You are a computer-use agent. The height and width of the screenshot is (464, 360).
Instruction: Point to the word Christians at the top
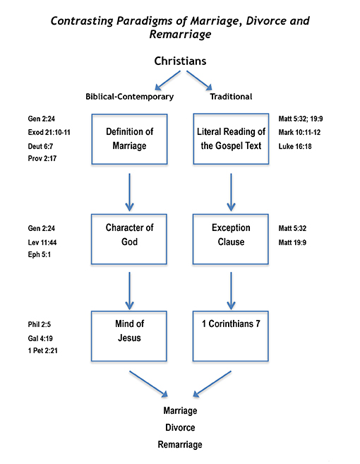coord(180,61)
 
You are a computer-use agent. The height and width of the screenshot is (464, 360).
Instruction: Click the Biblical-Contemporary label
coord(130,97)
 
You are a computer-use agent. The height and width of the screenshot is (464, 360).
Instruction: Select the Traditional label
coord(231,97)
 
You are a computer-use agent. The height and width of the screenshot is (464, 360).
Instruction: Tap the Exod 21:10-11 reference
coord(49,132)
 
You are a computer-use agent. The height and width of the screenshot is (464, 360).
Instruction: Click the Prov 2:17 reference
coord(42,158)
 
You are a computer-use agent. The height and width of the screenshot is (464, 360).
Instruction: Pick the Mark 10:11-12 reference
coord(299,132)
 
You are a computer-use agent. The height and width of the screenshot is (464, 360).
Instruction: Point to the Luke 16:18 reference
coord(295,146)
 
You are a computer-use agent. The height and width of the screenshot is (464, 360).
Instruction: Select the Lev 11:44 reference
coord(42,242)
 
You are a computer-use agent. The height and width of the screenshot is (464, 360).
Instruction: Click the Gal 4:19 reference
coord(40,338)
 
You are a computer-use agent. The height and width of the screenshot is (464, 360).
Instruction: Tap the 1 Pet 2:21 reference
coord(43,351)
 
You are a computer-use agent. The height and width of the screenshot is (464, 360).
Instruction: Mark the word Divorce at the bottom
coord(180,427)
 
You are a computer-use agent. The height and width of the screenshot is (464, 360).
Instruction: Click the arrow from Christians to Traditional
coord(199,80)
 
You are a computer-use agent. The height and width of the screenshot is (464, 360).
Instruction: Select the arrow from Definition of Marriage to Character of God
coord(129,192)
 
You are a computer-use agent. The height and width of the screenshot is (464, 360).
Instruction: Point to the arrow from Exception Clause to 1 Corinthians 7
coord(231,291)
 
